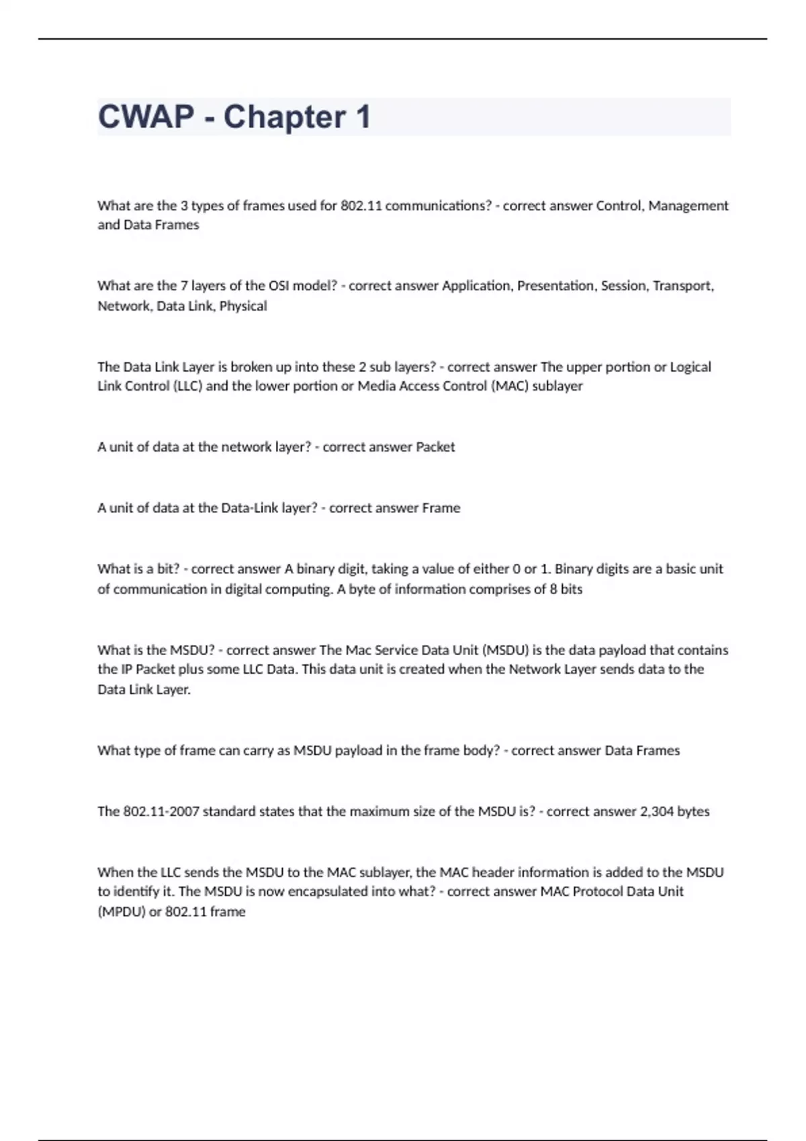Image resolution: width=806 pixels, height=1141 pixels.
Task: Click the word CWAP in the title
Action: pos(146,117)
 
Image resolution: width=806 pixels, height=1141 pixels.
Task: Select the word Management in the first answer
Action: pos(688,205)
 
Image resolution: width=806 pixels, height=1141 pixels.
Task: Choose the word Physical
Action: pos(243,306)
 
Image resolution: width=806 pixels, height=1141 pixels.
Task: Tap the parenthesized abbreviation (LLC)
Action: pos(187,386)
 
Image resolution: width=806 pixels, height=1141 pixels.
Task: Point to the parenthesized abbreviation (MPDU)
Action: pos(122,912)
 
